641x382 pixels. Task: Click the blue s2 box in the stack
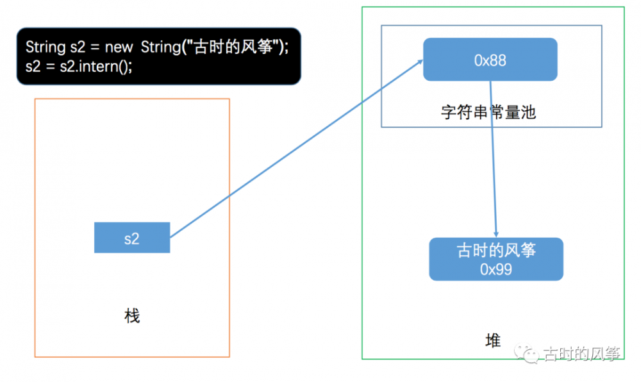tap(132, 237)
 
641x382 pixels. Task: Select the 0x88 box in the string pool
tap(490, 60)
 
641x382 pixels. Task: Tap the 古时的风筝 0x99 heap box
tap(496, 259)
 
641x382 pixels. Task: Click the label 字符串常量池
tap(488, 112)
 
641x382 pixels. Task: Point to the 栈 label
tap(132, 316)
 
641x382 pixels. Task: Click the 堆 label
tap(493, 340)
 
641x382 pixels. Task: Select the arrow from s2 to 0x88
tap(296, 148)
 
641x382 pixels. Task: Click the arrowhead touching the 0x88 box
tap(420, 62)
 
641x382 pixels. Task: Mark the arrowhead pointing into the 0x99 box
tap(496, 235)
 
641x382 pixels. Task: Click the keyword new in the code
tap(119, 47)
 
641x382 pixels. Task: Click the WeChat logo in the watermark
tap(526, 353)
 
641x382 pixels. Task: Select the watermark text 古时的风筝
tap(581, 354)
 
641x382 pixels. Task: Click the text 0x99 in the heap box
tap(496, 270)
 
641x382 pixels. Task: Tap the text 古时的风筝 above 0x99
tap(496, 250)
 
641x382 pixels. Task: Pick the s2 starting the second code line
tap(33, 66)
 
